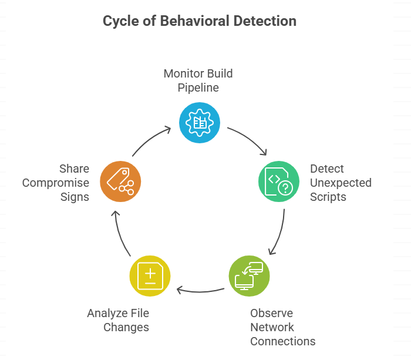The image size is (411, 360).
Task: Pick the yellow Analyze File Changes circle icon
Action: tap(150, 275)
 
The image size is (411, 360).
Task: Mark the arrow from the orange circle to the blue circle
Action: tap(151, 140)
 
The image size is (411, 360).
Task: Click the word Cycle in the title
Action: tap(120, 22)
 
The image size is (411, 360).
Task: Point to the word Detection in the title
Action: tap(265, 22)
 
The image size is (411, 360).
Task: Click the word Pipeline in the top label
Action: tap(199, 88)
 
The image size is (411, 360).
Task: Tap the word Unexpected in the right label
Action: tap(341, 183)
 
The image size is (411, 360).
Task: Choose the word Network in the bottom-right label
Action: tap(272, 327)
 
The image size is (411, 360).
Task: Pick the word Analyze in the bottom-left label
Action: tap(108, 313)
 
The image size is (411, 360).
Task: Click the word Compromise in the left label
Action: tap(56, 183)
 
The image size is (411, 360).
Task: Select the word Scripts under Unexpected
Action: tap(328, 197)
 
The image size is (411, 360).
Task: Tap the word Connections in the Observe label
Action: tap(283, 341)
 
